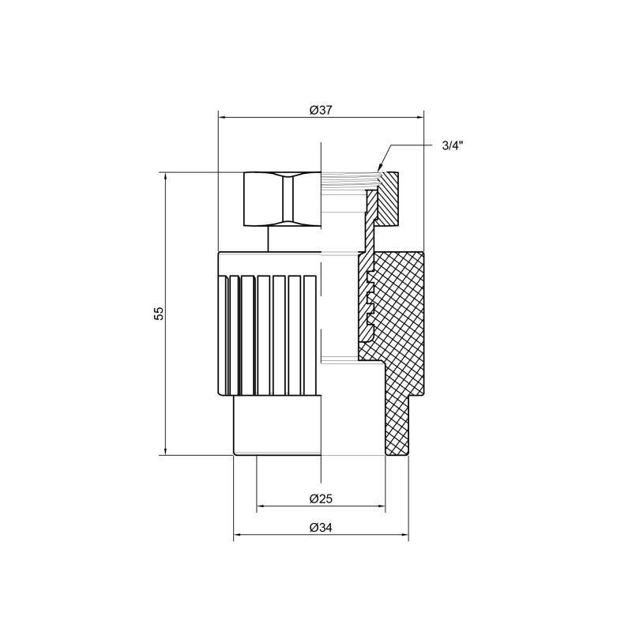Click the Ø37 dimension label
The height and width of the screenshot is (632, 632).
point(320,111)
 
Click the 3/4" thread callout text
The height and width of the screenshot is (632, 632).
point(452,145)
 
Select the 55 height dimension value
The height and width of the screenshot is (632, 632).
point(159,313)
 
